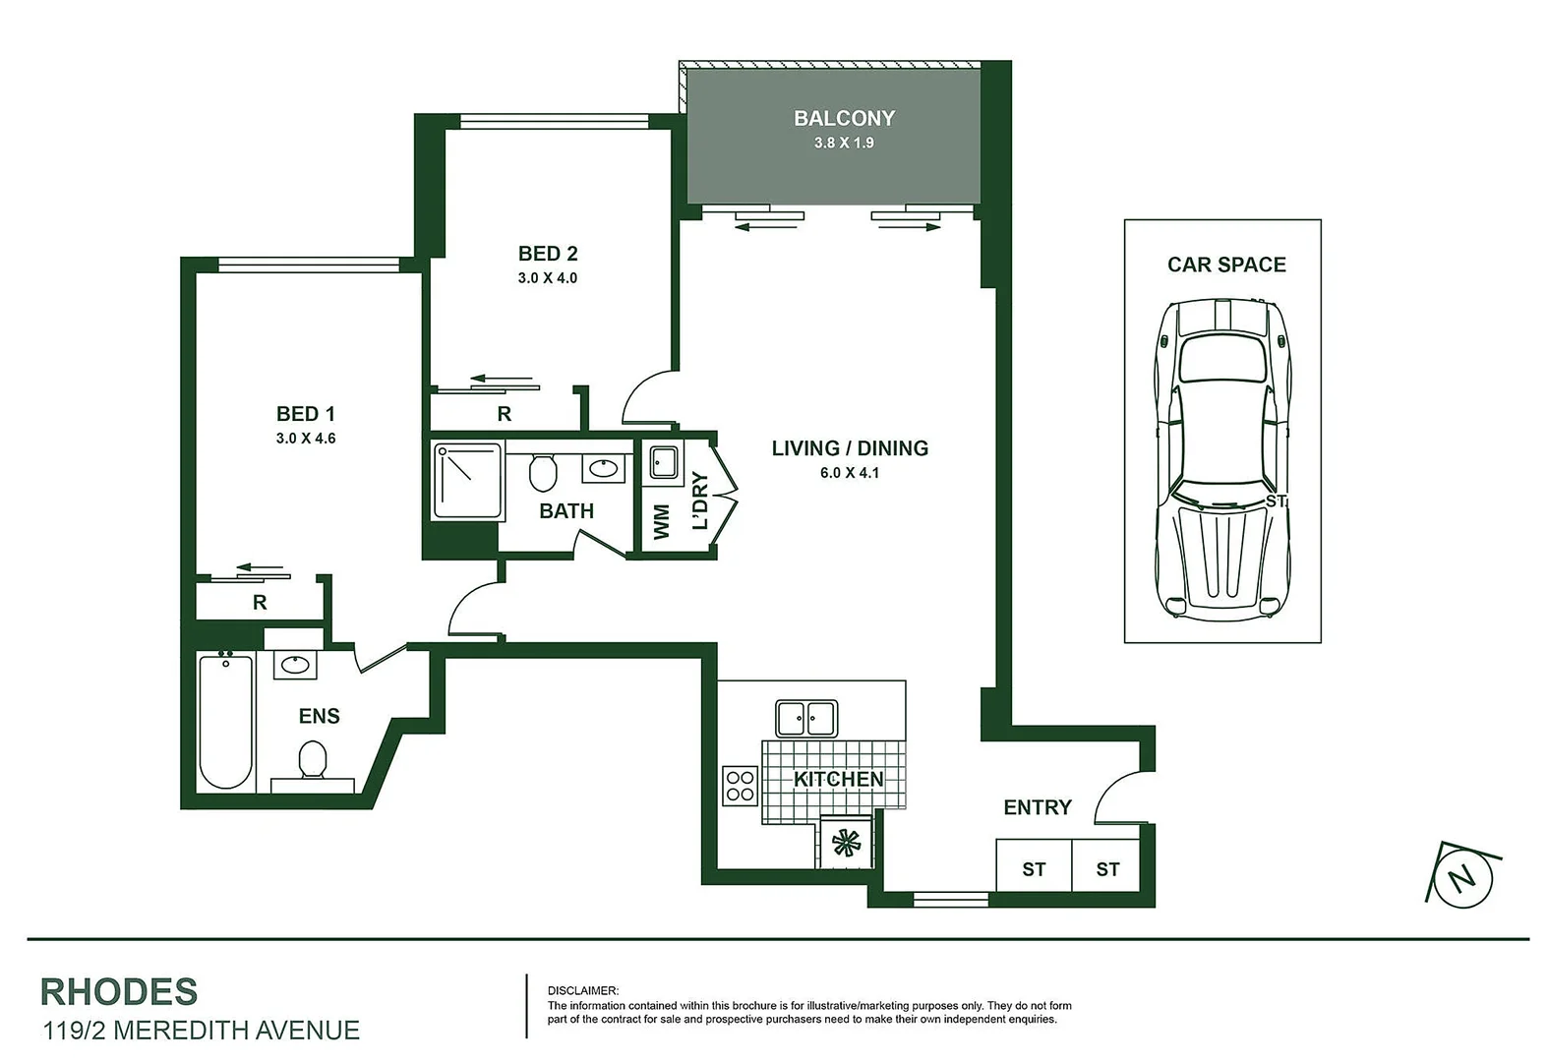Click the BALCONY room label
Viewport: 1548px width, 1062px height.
tap(844, 118)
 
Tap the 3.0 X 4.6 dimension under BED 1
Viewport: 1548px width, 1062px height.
tap(306, 439)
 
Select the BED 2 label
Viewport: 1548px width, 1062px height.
tap(548, 254)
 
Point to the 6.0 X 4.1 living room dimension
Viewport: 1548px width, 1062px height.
tap(850, 473)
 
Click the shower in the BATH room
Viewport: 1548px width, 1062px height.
tap(468, 481)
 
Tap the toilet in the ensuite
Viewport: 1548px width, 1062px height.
tap(313, 760)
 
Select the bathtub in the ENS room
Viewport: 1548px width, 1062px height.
tap(225, 721)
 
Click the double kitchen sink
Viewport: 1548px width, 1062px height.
tap(806, 718)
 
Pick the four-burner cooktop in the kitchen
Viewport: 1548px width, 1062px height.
tap(740, 785)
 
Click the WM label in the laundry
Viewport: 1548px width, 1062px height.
tap(661, 521)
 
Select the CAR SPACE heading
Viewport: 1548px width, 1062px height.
tap(1226, 265)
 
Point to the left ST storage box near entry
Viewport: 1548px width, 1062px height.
tap(1034, 869)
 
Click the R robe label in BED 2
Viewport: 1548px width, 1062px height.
tap(505, 414)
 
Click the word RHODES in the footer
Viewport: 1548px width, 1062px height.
tap(119, 992)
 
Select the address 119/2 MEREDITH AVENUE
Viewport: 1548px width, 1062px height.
tap(201, 1031)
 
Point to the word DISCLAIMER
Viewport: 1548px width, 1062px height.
tap(583, 990)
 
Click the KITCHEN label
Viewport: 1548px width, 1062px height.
tap(838, 779)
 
